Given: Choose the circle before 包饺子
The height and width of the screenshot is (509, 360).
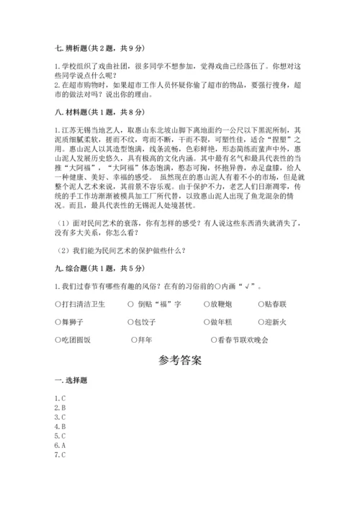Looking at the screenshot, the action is pyautogui.click(x=130, y=322).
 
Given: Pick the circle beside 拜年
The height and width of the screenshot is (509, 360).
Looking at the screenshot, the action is pyautogui.click(x=134, y=339).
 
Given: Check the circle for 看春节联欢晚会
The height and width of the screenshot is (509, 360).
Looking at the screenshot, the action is pyautogui.click(x=214, y=339).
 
